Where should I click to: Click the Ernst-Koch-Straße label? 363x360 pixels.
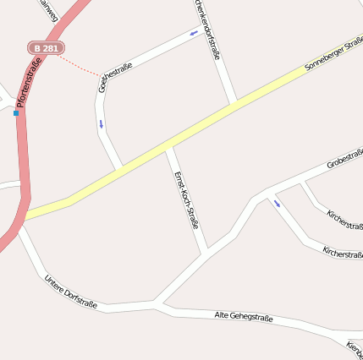[186, 201]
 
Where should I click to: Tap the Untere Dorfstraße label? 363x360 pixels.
[71, 292]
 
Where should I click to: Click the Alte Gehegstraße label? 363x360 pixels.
[244, 316]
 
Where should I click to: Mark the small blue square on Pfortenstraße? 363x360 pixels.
[15, 112]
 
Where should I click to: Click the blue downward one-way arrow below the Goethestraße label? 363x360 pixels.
[102, 125]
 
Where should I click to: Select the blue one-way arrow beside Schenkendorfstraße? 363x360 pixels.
[194, 33]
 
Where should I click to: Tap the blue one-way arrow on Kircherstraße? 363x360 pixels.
[277, 204]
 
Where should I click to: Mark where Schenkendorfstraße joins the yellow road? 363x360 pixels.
[232, 106]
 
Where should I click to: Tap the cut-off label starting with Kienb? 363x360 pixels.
[355, 348]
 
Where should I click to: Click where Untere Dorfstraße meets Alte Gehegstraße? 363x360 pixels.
[155, 303]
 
